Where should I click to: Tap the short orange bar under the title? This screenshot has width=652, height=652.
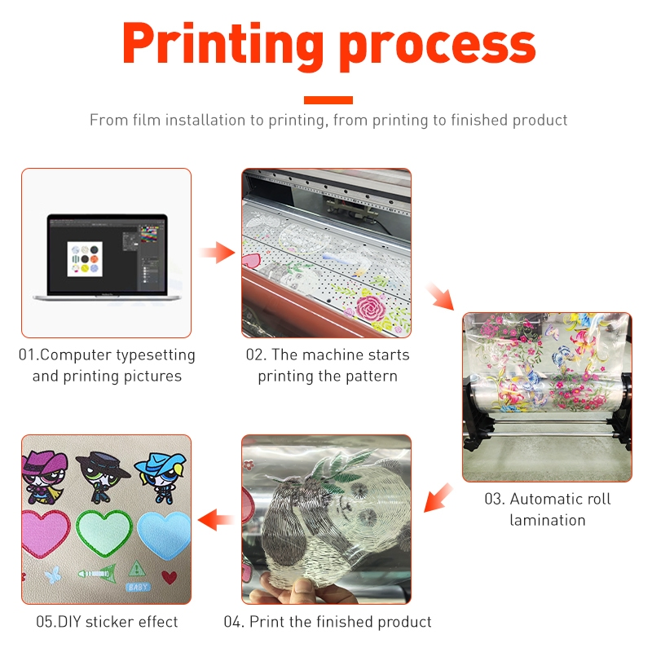tap(328, 100)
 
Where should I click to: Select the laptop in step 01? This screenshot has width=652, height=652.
tap(107, 257)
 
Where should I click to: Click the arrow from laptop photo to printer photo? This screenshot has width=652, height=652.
tap(216, 253)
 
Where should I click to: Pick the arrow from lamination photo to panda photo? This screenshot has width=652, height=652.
tap(438, 497)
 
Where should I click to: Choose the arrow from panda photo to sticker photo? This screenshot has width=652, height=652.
tap(216, 518)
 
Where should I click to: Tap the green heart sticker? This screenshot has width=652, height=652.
tap(105, 535)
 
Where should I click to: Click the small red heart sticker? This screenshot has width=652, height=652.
tap(169, 577)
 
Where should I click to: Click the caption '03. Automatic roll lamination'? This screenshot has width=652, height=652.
tap(547, 509)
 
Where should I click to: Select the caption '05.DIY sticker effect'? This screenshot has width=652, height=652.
tap(107, 622)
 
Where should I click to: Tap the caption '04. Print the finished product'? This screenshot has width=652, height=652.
tap(328, 622)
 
